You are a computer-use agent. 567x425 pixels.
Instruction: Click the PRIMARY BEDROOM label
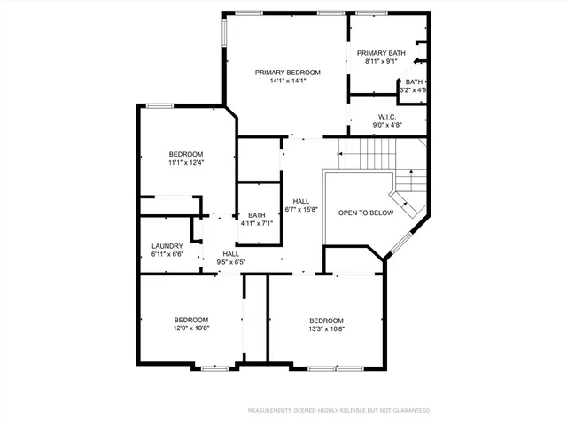tap(287, 72)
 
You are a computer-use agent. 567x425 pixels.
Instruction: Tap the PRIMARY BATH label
tap(381, 53)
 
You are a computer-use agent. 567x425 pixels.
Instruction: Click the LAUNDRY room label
tap(167, 246)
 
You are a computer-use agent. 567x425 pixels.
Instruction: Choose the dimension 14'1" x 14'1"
tap(287, 81)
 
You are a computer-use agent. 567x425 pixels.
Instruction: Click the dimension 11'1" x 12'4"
tap(186, 162)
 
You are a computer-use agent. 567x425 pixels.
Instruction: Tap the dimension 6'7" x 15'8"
tap(301, 210)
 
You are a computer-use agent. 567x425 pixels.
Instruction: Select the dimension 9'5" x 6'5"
tap(230, 262)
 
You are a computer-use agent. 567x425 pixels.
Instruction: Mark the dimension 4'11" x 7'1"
tap(256, 223)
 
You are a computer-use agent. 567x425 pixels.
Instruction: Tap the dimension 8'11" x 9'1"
tap(381, 62)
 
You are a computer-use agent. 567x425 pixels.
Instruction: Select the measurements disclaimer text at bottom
tap(338, 410)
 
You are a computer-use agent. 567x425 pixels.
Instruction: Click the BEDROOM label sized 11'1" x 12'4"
tap(186, 153)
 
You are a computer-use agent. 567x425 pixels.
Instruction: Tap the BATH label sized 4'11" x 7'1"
tap(256, 214)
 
